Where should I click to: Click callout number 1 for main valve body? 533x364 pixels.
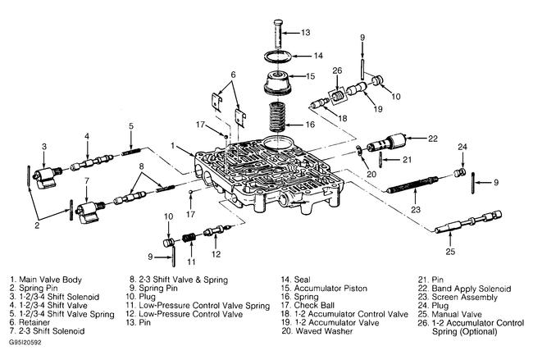click(x=172, y=145)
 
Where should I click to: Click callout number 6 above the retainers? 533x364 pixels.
click(x=233, y=74)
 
